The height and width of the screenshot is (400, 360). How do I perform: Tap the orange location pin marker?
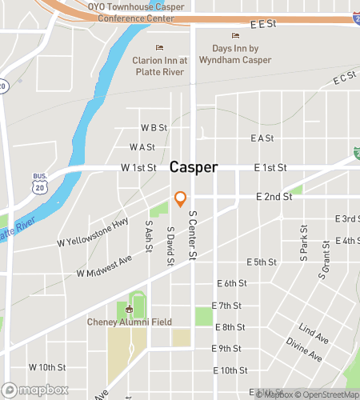(181, 198)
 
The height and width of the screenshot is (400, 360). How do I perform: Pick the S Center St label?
(192, 235)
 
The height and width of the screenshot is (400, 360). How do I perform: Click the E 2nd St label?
(271, 196)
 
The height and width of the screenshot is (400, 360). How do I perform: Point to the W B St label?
(154, 127)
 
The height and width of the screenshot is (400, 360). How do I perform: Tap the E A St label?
(262, 138)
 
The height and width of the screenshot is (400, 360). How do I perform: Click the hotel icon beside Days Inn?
(235, 35)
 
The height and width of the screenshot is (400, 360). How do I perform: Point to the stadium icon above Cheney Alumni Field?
(129, 310)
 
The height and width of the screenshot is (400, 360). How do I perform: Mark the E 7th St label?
(226, 306)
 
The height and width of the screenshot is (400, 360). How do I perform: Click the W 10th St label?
(47, 366)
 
